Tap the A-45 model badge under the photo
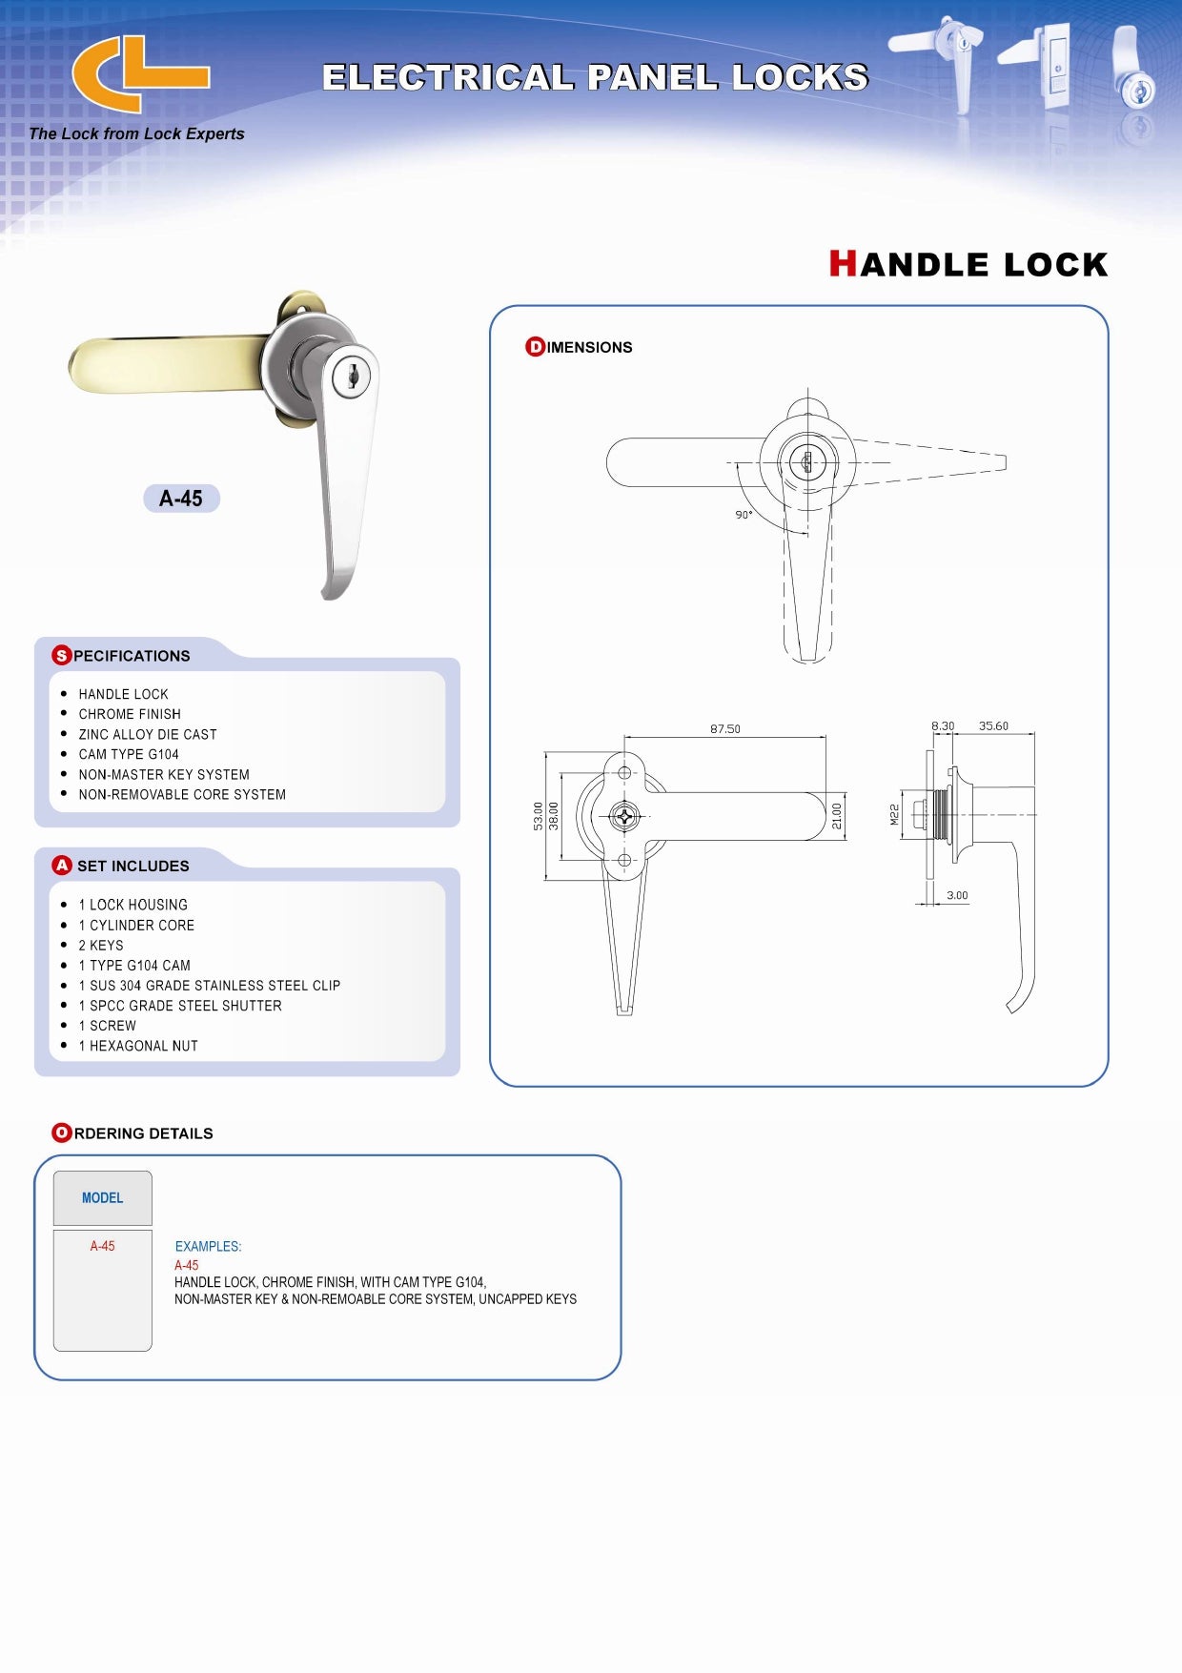pos(181,499)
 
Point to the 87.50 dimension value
pos(724,729)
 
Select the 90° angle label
pos(744,515)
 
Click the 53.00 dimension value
pos(539,816)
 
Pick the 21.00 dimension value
pos(837,816)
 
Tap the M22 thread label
pos(894,815)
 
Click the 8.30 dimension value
pos(943,726)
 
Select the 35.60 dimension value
pos(993,726)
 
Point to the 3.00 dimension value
pos(957,895)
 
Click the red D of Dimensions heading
pos(535,347)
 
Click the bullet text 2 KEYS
pos(101,946)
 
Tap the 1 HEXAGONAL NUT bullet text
pos(138,1046)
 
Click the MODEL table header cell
pos(103,1198)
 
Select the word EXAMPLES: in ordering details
pos(208,1247)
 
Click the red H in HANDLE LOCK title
pos(843,263)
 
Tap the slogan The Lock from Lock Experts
pos(136,134)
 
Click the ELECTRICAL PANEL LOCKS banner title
pos(596,77)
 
